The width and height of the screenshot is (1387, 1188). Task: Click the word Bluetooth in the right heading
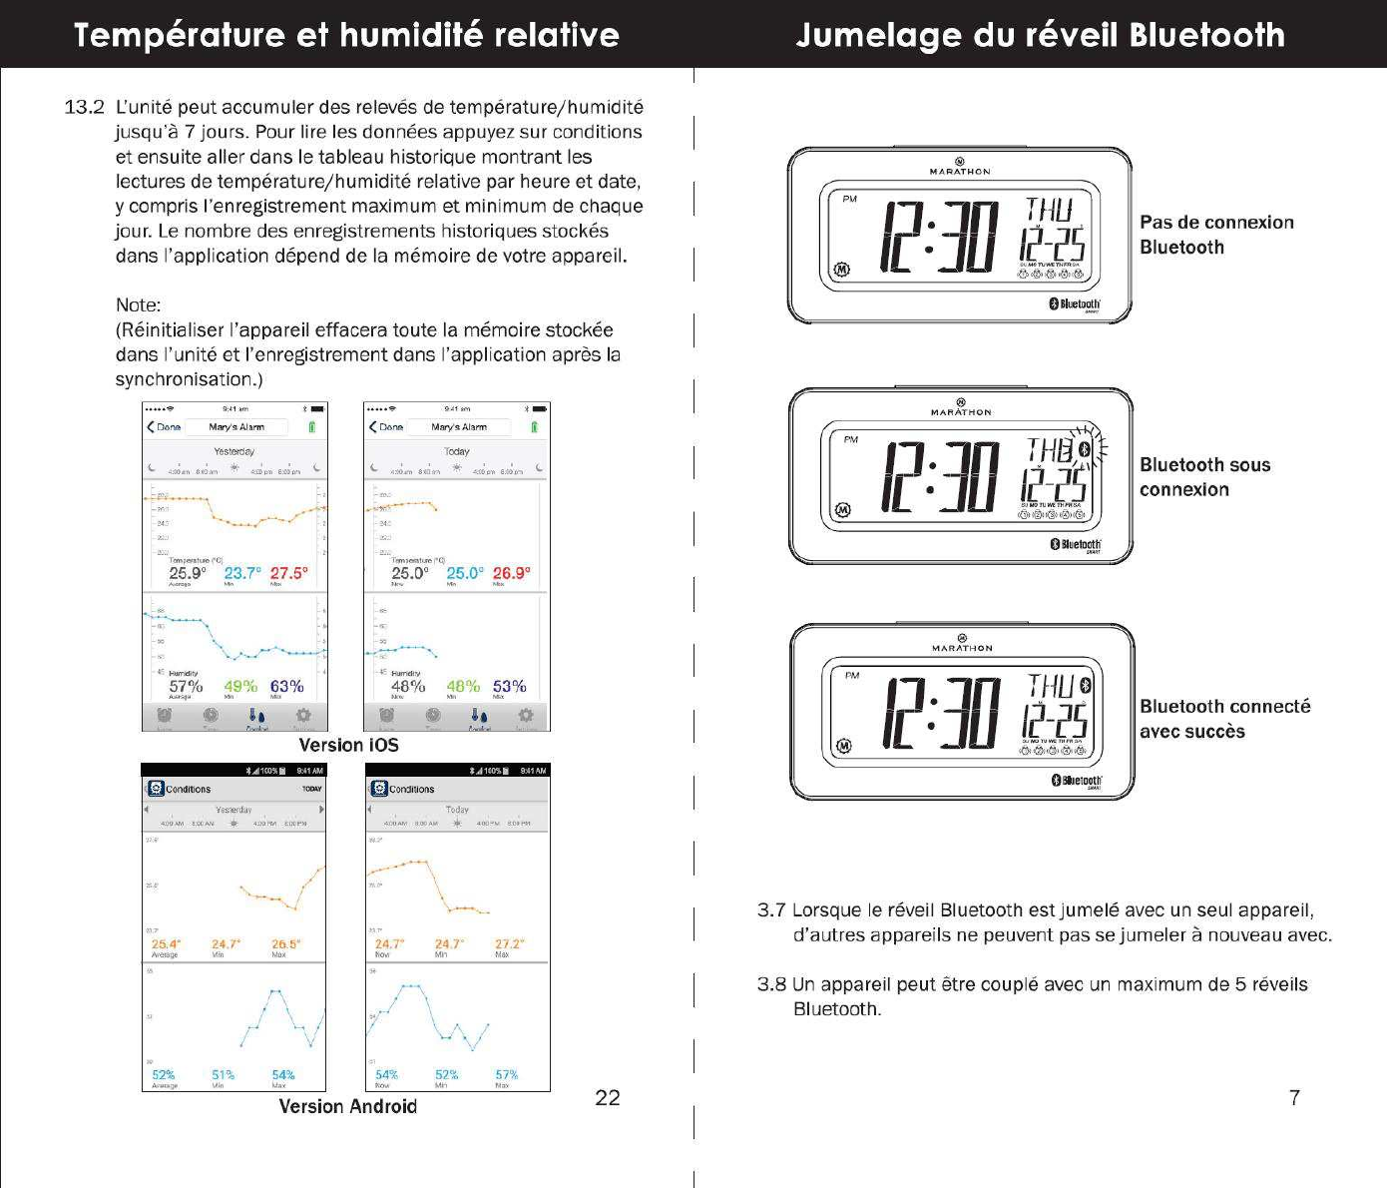pos(1206,35)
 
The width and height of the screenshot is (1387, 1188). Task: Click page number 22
pos(607,1097)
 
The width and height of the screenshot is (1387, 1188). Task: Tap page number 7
pos(1294,1097)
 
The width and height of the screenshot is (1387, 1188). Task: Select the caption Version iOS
pos(348,745)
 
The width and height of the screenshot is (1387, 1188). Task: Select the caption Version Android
pos(347,1106)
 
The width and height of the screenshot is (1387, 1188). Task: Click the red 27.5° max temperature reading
pos(288,573)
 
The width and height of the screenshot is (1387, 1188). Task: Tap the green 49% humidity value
pos(240,686)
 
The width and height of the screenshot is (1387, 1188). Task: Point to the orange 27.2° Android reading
pos(509,943)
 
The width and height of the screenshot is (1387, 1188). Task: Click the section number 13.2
pos(84,107)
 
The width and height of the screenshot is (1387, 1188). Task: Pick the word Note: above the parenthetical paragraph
pos(138,304)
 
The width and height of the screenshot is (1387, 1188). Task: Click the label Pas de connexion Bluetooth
pos(1216,235)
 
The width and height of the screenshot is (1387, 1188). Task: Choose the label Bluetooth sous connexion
pos(1204,477)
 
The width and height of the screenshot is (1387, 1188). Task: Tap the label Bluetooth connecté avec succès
pos(1224,719)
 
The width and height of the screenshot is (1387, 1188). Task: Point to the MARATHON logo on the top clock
pos(960,171)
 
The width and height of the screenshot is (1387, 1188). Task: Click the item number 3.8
pos(771,984)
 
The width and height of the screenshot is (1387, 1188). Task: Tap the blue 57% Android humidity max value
pos(506,1075)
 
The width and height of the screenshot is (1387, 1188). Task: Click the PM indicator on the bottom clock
pos(852,676)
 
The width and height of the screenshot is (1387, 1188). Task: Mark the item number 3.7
pos(771,909)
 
